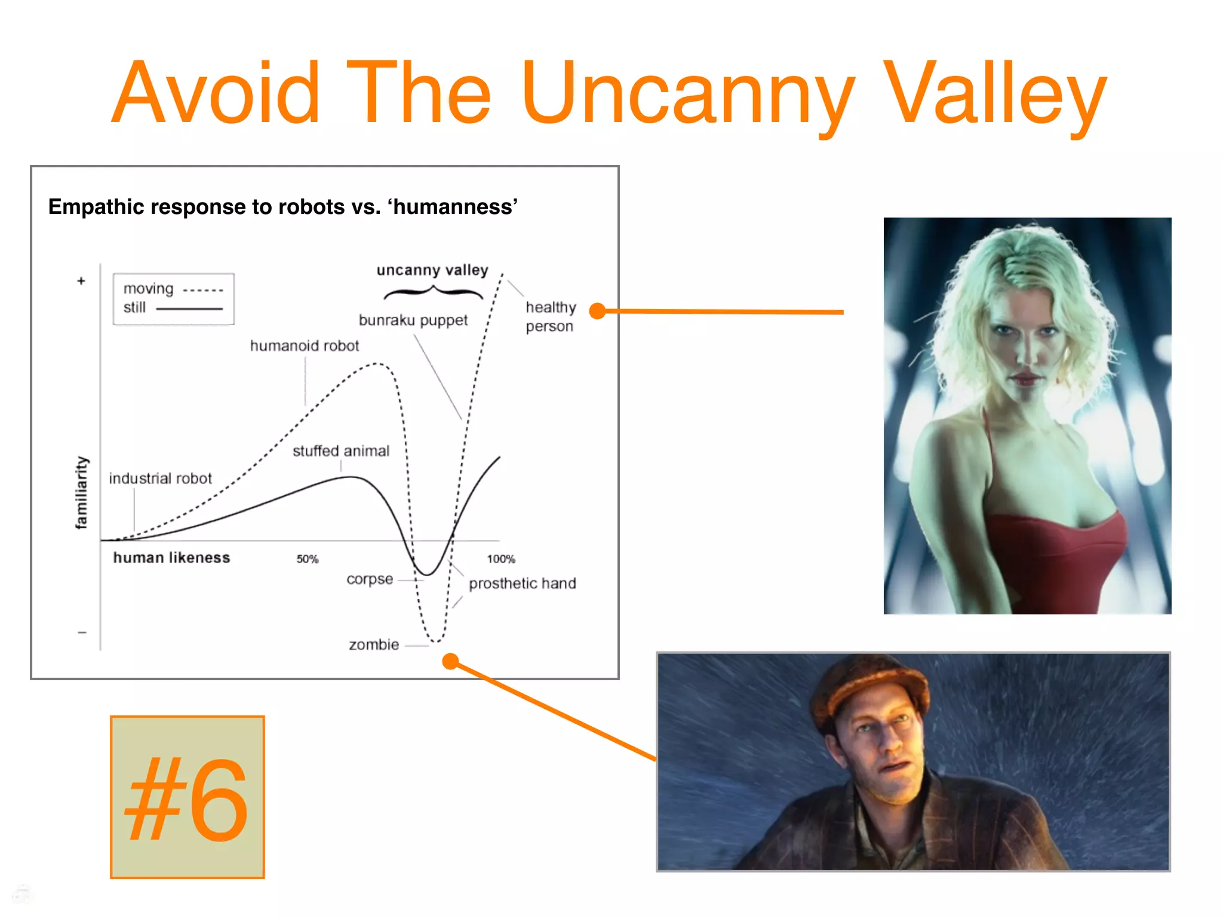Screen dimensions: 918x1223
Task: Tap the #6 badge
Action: [187, 797]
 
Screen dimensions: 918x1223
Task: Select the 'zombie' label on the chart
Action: [374, 644]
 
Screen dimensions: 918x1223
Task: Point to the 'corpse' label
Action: [370, 579]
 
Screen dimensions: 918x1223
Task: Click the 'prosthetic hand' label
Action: [522, 583]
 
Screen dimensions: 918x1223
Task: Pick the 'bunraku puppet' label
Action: [413, 320]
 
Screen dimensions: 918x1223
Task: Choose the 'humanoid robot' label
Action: [304, 346]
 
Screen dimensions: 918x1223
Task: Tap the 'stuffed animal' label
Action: [340, 451]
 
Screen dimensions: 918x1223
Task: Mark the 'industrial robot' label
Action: [160, 479]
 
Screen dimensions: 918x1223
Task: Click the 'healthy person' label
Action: [550, 317]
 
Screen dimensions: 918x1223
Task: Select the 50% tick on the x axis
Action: [308, 559]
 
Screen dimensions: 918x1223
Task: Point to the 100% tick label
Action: [500, 559]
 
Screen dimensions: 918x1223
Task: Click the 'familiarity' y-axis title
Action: [81, 492]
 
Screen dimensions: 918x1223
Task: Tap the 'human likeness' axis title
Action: [171, 558]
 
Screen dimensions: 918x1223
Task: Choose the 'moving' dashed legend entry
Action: [173, 289]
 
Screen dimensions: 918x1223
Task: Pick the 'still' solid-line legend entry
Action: [172, 308]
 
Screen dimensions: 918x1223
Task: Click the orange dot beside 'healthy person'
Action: [597, 311]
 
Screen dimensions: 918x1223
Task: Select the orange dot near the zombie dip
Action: [450, 661]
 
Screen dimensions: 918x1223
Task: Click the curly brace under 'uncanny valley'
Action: [433, 292]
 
